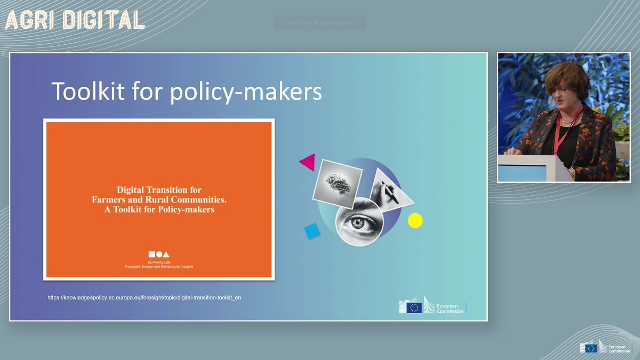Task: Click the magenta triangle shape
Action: point(308,162)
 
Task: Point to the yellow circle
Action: point(415,220)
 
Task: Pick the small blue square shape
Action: point(311,231)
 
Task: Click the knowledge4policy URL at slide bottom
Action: point(145,297)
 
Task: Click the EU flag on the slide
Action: point(414,307)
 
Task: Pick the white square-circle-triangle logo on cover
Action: point(159,254)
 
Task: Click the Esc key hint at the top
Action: point(306,23)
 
